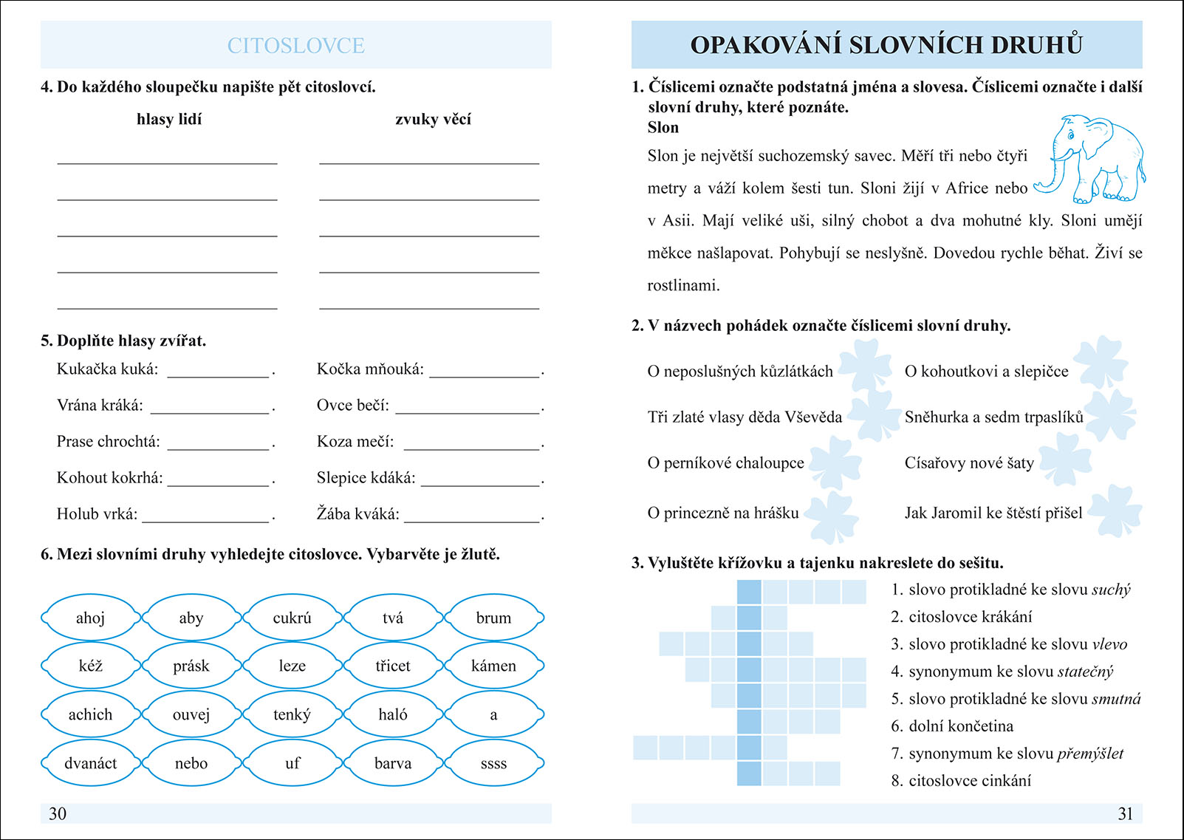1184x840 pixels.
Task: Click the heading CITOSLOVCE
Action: coord(295,46)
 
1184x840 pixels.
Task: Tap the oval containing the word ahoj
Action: coord(90,618)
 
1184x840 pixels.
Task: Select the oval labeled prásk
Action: coord(191,666)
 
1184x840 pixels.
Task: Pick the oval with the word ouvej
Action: coord(191,714)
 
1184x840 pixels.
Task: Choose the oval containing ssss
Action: coord(493,763)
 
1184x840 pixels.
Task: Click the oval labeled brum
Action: coord(493,618)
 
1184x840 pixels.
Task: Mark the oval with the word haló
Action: coord(392,714)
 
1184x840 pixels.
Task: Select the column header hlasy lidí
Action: coord(169,120)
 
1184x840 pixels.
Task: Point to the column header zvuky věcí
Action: coord(433,120)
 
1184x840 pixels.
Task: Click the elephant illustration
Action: coord(1092,159)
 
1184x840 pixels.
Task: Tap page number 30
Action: coord(58,813)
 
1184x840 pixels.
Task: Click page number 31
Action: coord(1125,813)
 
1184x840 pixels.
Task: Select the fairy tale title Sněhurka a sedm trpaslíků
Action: coord(993,417)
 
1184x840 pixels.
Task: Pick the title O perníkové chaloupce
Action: coord(725,463)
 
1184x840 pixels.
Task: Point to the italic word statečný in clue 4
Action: coord(1085,672)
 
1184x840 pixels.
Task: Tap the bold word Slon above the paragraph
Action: coord(663,128)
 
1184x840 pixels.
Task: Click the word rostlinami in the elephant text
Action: coord(683,286)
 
